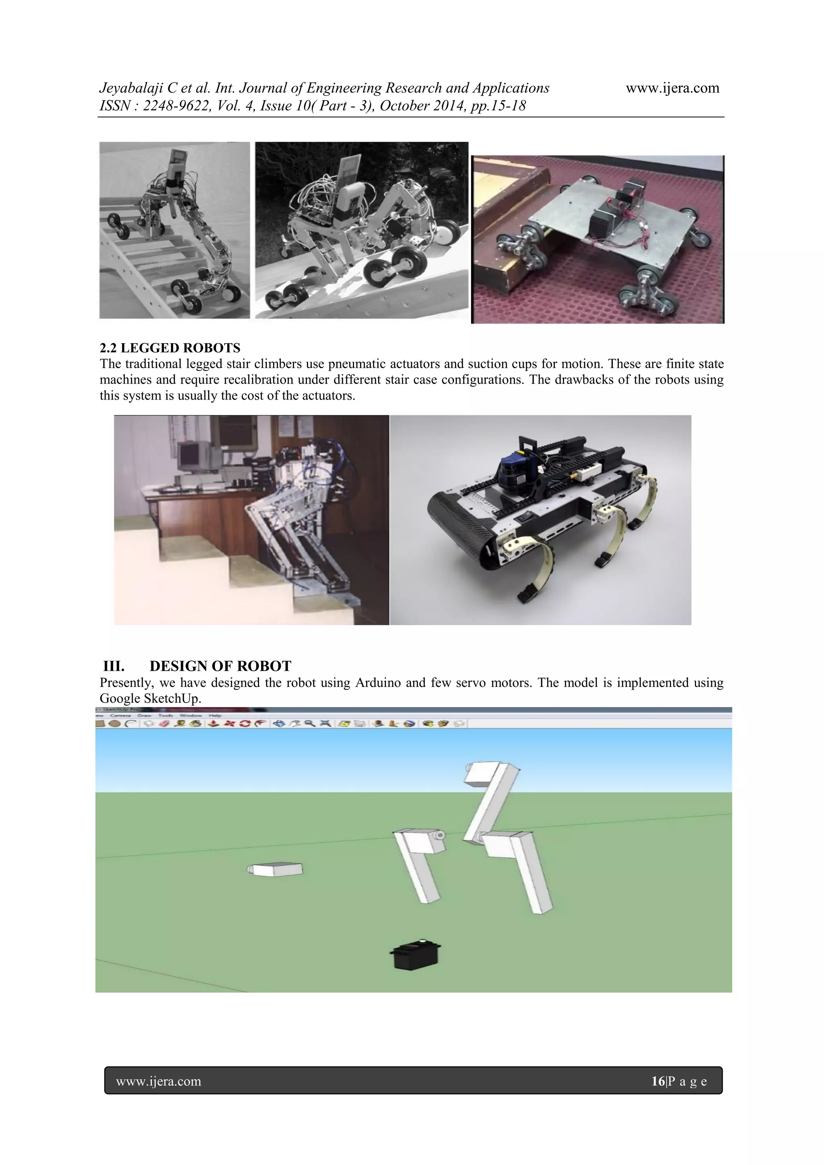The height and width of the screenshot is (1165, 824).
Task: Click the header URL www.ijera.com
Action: (x=672, y=88)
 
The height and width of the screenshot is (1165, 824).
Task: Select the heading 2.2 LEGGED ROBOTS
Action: (x=170, y=348)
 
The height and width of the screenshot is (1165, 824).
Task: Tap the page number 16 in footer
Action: (x=657, y=1081)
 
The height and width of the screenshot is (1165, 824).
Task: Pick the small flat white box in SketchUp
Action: (x=276, y=869)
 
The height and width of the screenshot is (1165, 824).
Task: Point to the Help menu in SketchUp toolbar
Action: (x=215, y=715)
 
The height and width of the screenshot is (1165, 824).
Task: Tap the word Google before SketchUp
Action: (x=120, y=699)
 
